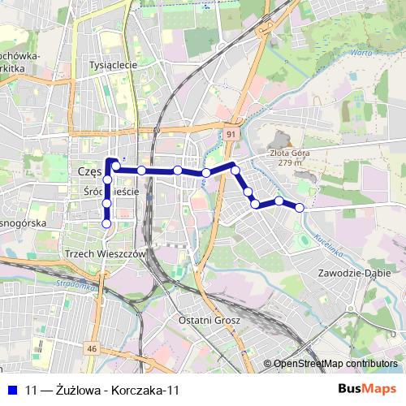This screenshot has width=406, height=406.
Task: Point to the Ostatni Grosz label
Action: tap(209, 321)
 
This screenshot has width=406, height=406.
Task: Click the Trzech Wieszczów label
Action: tap(103, 254)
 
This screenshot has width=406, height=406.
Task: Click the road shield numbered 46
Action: tap(92, 348)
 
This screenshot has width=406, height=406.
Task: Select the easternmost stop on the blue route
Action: tap(300, 207)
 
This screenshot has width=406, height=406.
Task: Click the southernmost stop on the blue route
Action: tap(106, 223)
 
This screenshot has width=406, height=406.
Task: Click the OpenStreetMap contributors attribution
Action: tap(335, 364)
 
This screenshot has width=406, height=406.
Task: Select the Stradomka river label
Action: tap(78, 286)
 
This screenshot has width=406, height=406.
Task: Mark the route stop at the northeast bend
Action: tap(235, 169)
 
